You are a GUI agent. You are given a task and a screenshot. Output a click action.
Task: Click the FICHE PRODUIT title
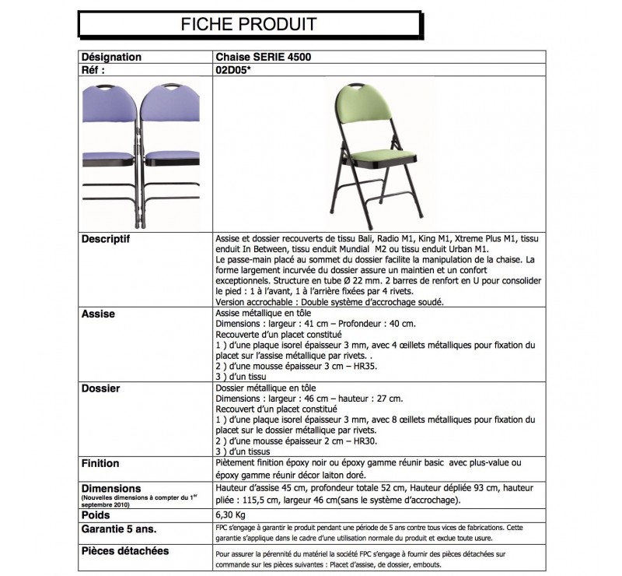(x=248, y=23)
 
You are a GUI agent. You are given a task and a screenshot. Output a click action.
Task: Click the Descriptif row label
(x=107, y=239)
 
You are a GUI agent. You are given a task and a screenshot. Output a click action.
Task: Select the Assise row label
(x=98, y=314)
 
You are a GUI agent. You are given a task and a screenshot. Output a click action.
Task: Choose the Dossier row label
(x=101, y=388)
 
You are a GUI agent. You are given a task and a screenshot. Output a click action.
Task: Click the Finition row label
(x=100, y=463)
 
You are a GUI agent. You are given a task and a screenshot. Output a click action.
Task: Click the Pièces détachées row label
(x=124, y=551)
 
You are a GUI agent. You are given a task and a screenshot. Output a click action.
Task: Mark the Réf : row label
(x=93, y=68)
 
